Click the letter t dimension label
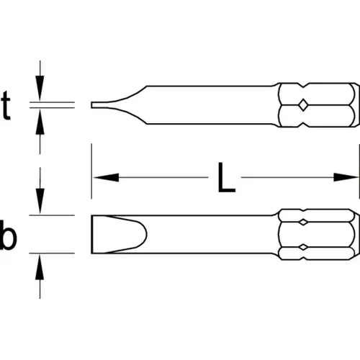tap(6, 106)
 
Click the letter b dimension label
tap(8, 235)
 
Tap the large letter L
tap(226, 177)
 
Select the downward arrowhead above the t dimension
tap(40, 87)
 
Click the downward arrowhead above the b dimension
tap(40, 201)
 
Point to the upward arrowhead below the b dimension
tap(40, 267)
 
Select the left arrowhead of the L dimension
tap(106, 177)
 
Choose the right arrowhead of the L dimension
tap(346, 177)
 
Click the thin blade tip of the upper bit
tap(92, 105)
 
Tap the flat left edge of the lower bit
tap(91, 234)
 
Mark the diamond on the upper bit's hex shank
tap(303, 105)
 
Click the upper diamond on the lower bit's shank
tap(303, 222)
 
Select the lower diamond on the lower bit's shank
tap(303, 248)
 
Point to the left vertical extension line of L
tap(91, 171)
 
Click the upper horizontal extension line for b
tap(52, 215)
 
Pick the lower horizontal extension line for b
tap(52, 253)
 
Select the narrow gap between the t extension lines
tap(52, 105)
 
